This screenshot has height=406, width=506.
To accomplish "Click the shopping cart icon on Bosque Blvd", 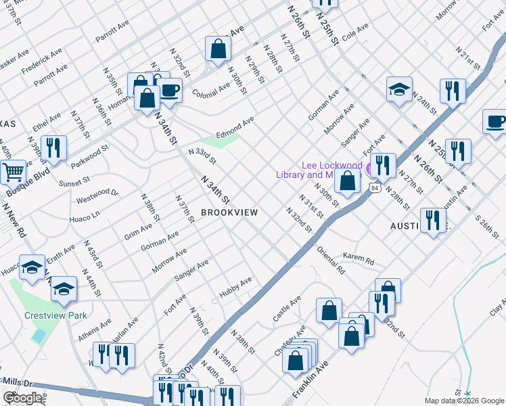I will coord(13,173).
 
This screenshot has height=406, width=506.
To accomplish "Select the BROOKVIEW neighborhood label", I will coord(229,212).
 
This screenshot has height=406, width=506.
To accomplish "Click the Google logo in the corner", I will coord(23,398).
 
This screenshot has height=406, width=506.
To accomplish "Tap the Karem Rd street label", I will coord(358,259).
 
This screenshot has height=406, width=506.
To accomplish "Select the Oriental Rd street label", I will coord(331,259).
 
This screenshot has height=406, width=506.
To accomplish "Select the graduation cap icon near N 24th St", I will coord(399,89).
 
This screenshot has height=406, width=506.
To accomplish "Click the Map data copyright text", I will coord(464,401).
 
